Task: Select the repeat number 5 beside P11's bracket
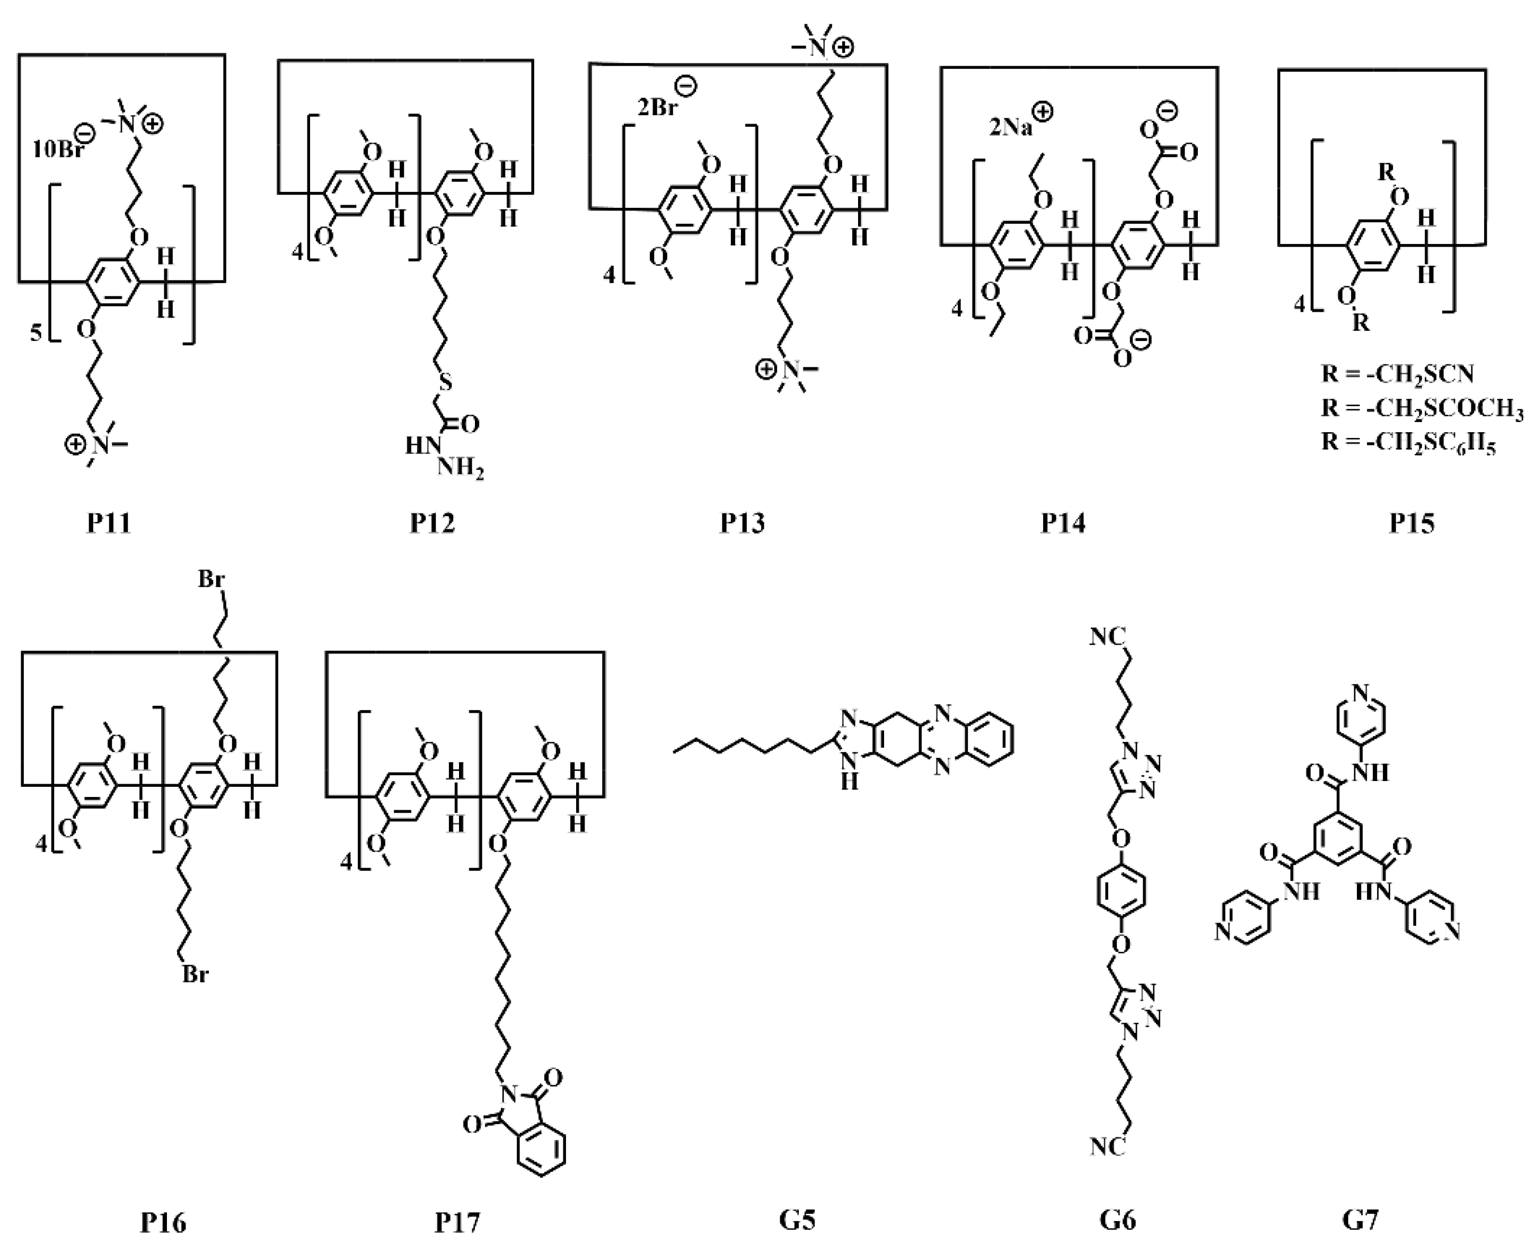(36, 334)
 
